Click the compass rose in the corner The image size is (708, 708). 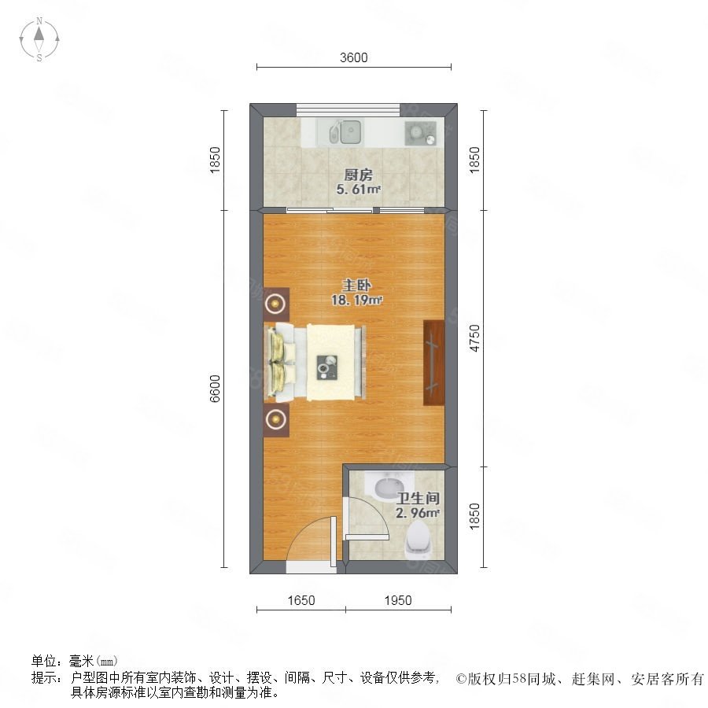click(x=39, y=39)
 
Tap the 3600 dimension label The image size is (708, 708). click(x=353, y=57)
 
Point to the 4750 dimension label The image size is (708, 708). click(x=474, y=338)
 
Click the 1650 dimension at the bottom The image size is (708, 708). click(x=301, y=600)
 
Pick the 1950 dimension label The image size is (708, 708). click(x=398, y=600)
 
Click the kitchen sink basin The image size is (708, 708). click(x=350, y=131)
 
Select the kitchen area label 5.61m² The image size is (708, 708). click(x=358, y=189)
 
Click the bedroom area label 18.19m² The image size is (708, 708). click(x=356, y=300)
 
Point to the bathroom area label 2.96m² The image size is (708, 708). click(x=418, y=513)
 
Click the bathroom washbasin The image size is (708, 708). click(x=389, y=486)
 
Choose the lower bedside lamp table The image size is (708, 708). click(x=276, y=420)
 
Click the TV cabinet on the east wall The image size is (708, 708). click(x=434, y=363)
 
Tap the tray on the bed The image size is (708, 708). click(x=327, y=367)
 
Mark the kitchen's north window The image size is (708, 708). click(x=348, y=109)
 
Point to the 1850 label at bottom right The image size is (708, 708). click(x=474, y=516)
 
